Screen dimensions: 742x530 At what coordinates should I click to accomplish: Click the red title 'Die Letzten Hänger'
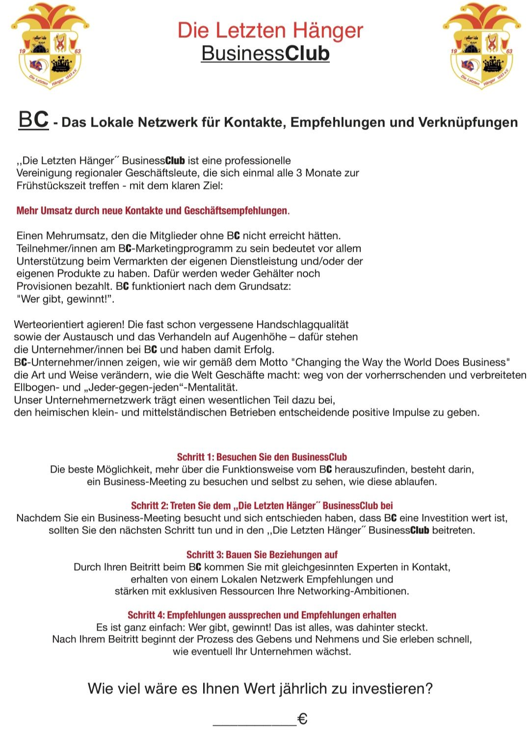[x=270, y=30]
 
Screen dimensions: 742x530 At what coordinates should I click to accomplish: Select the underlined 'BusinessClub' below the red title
[x=265, y=53]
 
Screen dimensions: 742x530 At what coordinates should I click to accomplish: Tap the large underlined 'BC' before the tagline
[x=33, y=120]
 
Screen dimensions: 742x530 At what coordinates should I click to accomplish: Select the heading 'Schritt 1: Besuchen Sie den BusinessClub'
[x=262, y=457]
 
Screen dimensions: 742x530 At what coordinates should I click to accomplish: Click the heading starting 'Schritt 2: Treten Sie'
[x=262, y=506]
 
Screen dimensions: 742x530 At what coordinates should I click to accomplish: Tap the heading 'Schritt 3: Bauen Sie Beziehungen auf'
[x=262, y=555]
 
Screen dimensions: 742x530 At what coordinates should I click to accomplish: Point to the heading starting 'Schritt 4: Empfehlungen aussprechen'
[x=262, y=615]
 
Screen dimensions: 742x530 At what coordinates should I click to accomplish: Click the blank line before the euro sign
[x=254, y=720]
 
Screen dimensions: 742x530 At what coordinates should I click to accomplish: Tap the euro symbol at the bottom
[x=303, y=719]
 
